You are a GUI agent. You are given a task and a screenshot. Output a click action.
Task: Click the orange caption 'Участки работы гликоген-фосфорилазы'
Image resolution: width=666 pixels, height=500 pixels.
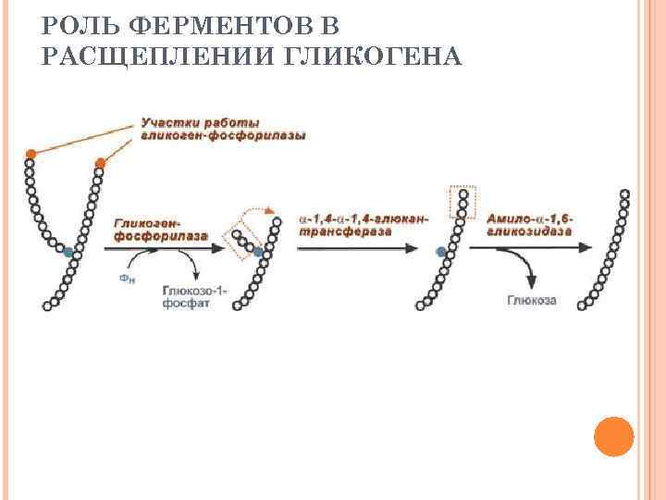coord(222,130)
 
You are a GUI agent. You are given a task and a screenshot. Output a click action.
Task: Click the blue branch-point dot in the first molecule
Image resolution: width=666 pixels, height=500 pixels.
coord(69,251)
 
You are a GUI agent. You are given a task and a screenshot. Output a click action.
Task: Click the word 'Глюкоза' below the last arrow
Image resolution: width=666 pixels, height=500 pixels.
coord(531,299)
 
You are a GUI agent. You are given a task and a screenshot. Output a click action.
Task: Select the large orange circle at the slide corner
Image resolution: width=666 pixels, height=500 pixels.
coord(613,436)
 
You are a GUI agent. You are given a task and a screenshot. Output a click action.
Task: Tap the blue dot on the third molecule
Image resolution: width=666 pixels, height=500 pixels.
coord(440,251)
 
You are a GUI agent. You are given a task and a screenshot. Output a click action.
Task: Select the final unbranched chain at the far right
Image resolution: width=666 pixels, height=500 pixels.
coord(606,250)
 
